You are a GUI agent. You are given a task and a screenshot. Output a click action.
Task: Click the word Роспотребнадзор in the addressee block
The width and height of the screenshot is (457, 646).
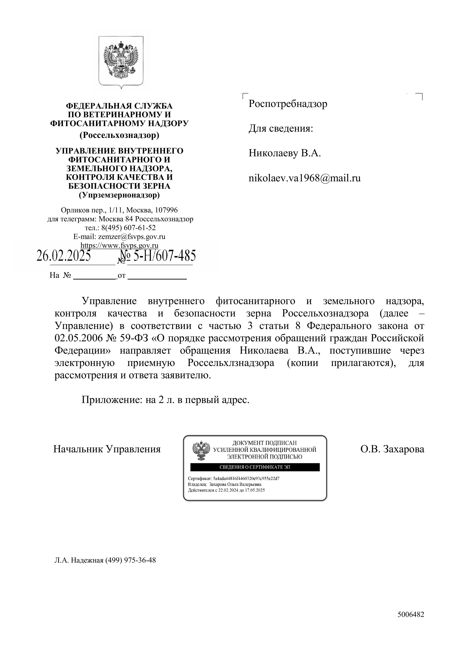(288, 104)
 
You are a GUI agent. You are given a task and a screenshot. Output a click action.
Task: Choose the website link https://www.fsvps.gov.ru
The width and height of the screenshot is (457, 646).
(119, 245)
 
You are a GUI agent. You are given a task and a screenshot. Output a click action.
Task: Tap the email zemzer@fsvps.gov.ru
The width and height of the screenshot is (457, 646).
(132, 237)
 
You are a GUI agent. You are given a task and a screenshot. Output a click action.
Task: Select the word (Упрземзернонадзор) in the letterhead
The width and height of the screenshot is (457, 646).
(119, 195)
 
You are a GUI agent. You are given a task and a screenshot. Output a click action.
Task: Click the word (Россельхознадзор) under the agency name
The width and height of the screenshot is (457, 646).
(119, 135)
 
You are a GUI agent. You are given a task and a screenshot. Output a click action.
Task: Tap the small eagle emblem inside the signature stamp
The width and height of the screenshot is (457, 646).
(201, 451)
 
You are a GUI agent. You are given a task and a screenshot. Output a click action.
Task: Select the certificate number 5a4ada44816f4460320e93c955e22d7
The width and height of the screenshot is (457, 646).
(246, 478)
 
